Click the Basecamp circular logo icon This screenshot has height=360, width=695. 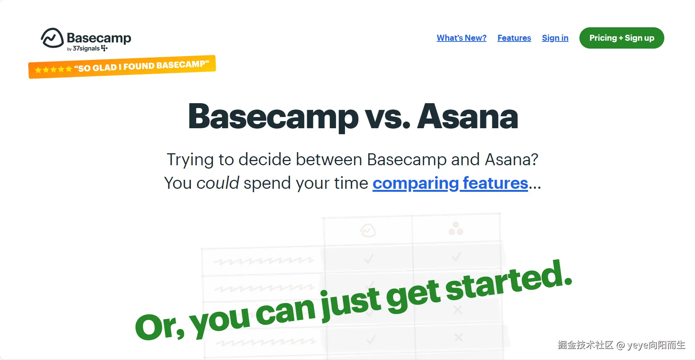52,38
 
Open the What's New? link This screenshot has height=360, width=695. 462,38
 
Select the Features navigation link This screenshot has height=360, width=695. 514,38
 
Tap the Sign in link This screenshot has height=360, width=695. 555,38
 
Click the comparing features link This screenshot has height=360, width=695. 450,183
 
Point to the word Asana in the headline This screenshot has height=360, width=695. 468,117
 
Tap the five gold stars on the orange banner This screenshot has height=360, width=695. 53,70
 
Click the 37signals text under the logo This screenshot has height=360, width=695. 86,49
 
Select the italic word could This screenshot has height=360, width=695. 218,183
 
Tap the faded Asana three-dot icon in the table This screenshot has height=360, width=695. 456,228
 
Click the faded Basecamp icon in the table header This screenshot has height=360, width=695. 368,231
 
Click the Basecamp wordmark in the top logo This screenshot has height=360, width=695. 99,38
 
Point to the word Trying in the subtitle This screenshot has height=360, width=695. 190,160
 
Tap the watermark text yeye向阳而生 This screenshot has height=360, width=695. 656,345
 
